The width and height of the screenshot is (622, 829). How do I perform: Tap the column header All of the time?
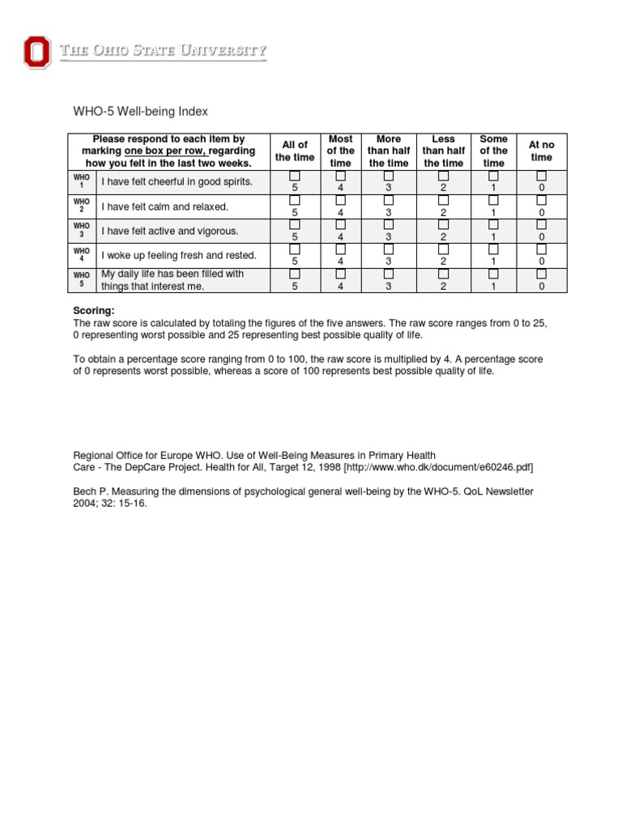click(x=295, y=151)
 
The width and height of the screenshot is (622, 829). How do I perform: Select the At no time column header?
click(x=541, y=151)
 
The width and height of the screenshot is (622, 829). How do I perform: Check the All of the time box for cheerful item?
click(x=295, y=176)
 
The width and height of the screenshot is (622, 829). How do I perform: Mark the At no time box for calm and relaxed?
click(x=541, y=200)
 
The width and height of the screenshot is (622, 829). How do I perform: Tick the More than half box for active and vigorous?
click(x=389, y=224)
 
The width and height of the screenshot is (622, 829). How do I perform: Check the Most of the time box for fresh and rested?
click(x=341, y=249)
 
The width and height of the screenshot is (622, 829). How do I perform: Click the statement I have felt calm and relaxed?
click(x=164, y=206)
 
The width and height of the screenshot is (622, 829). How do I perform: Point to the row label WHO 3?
click(x=82, y=231)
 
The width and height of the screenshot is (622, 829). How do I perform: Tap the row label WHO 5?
click(x=82, y=279)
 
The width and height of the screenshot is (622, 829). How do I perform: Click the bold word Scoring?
click(x=94, y=310)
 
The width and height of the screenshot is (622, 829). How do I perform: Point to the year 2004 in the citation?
click(x=85, y=503)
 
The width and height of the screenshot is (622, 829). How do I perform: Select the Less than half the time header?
click(x=444, y=151)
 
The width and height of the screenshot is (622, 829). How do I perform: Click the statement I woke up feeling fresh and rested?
click(x=178, y=255)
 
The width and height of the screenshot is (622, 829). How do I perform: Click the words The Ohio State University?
click(x=162, y=52)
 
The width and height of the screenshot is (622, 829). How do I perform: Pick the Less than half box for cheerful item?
click(x=444, y=176)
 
